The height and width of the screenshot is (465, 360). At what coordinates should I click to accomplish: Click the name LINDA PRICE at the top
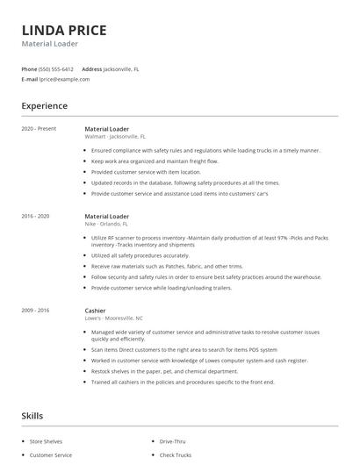click(x=64, y=30)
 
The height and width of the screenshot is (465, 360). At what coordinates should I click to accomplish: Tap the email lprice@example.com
click(x=64, y=79)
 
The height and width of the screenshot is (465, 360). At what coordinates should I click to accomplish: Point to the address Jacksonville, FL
click(x=121, y=68)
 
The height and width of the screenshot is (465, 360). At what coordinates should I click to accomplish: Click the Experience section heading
click(x=45, y=106)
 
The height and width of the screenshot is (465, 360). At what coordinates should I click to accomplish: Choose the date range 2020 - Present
click(x=39, y=129)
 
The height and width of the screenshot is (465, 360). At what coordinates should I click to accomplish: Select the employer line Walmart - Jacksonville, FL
click(x=115, y=137)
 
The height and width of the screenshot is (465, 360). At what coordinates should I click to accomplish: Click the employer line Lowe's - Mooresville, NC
click(x=115, y=318)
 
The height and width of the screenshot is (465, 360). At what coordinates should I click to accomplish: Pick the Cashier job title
click(x=96, y=311)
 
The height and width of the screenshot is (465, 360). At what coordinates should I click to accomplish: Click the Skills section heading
click(x=33, y=416)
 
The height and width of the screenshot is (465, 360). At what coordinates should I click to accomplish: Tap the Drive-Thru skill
click(x=173, y=441)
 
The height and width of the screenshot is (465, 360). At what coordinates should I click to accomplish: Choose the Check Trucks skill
click(x=176, y=455)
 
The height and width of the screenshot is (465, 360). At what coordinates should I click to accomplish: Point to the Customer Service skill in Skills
click(x=51, y=455)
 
